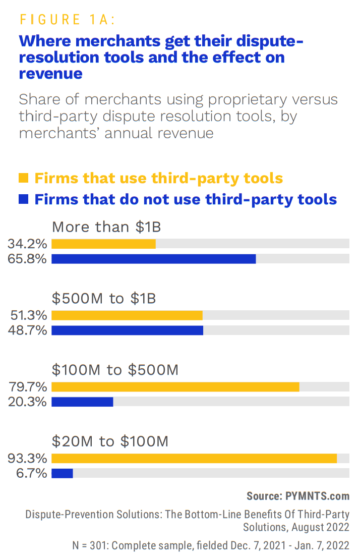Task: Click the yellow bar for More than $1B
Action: click(x=103, y=244)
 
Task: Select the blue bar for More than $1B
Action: click(x=154, y=259)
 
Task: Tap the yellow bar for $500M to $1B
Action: click(x=127, y=315)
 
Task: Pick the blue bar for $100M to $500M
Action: click(x=82, y=402)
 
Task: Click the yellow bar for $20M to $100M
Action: click(x=194, y=458)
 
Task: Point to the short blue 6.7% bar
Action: click(x=62, y=473)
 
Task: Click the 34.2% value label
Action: click(x=27, y=244)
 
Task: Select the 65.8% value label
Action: click(x=27, y=259)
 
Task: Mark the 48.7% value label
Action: click(x=28, y=330)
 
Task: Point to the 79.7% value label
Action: click(x=28, y=387)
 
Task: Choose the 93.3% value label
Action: click(x=27, y=459)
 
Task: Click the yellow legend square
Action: click(x=23, y=178)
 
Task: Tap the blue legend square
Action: click(x=23, y=199)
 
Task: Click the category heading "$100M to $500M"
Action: click(x=115, y=370)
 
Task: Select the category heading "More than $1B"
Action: click(x=106, y=227)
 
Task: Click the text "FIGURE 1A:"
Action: click(x=68, y=20)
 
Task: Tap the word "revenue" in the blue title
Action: click(x=50, y=74)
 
